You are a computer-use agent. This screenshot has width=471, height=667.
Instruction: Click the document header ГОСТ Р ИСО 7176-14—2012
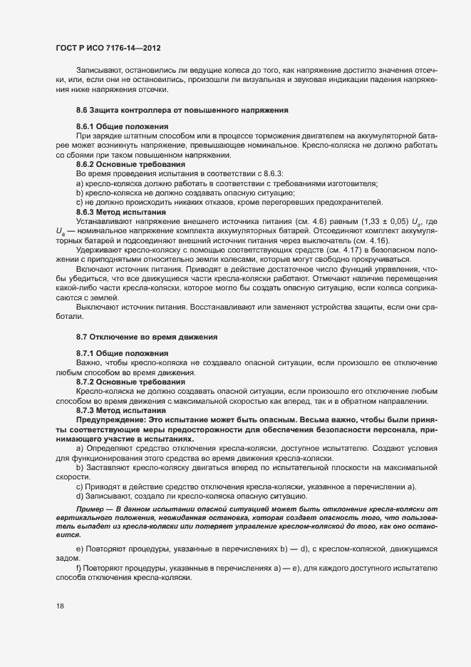tap(108, 47)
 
